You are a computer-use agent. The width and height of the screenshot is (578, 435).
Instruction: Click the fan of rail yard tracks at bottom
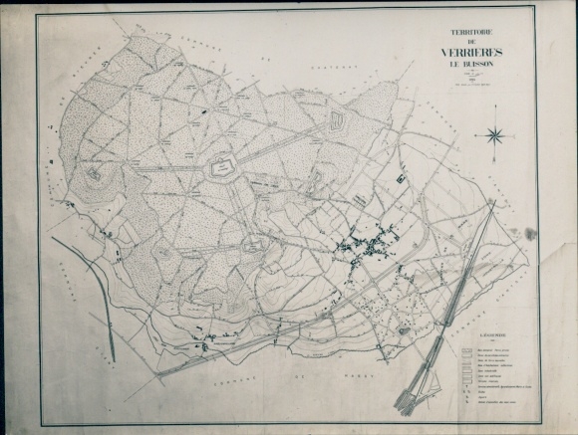pyautogui.click(x=419, y=388)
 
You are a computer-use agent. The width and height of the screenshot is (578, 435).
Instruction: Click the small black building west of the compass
pyautogui.click(x=401, y=180)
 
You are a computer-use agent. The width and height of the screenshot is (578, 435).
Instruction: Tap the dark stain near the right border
pyautogui.click(x=531, y=234)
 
